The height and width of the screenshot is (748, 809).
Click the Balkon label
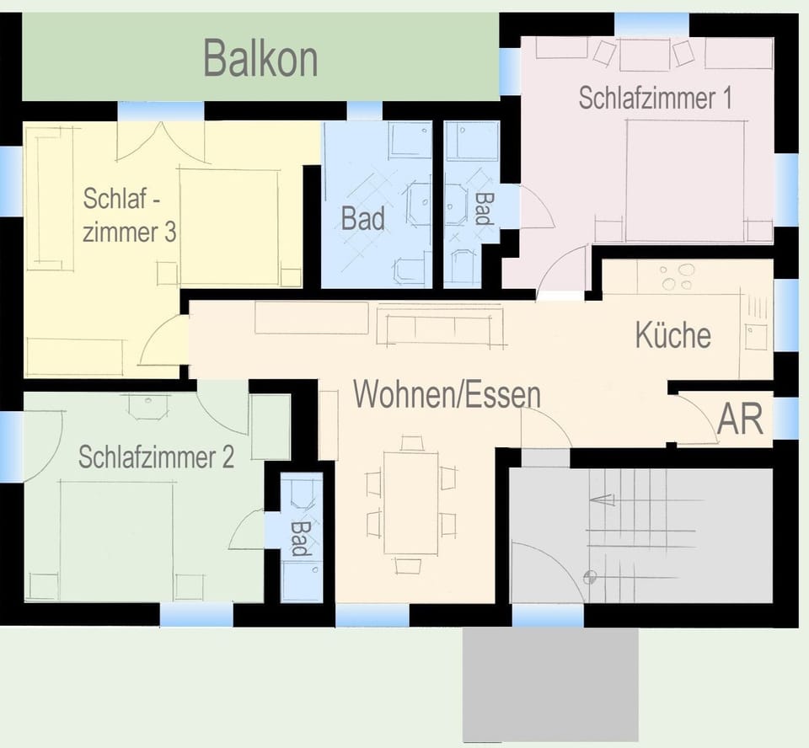point(260,59)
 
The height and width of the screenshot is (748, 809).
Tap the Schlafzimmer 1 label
point(655,98)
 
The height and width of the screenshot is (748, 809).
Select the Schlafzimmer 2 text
point(156,457)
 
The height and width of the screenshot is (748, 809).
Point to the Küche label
point(672,335)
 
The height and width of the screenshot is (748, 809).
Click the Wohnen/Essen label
point(447,393)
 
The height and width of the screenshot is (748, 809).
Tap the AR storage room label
point(740,419)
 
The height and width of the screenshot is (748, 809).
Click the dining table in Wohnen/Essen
point(410,502)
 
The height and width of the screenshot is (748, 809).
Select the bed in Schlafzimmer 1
point(685,180)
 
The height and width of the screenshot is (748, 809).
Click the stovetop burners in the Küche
point(677,276)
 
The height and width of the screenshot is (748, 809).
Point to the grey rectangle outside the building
point(549,685)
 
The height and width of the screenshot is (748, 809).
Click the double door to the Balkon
point(160,142)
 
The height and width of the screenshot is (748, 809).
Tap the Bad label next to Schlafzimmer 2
point(298,537)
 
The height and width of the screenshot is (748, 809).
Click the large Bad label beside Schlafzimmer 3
point(362,219)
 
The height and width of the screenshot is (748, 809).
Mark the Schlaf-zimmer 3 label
point(129,216)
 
